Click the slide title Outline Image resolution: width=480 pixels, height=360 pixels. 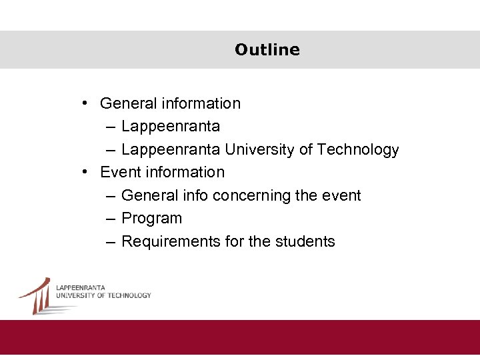pyautogui.click(x=267, y=50)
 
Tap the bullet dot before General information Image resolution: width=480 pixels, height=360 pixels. pyautogui.click(x=86, y=103)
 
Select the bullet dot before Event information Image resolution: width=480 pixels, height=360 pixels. pyautogui.click(x=86, y=172)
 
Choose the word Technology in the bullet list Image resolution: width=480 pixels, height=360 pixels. pyautogui.click(x=358, y=149)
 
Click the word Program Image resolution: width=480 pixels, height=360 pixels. pyautogui.click(x=151, y=219)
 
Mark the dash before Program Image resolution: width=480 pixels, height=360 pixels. pyautogui.click(x=110, y=219)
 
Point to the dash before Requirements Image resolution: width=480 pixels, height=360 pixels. pyautogui.click(x=110, y=241)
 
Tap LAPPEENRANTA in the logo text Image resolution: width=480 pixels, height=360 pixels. pyautogui.click(x=81, y=287)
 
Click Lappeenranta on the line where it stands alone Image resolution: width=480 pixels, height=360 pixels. pyautogui.click(x=171, y=127)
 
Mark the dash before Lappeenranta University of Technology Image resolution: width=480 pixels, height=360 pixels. pyautogui.click(x=110, y=149)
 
